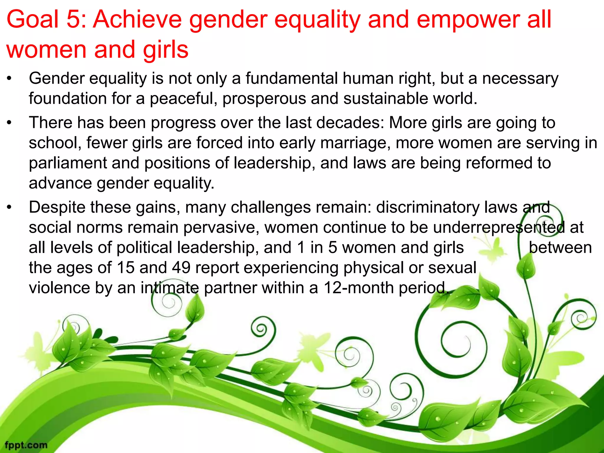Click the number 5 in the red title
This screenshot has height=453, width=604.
[73, 19]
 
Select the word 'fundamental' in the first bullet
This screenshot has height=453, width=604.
[291, 79]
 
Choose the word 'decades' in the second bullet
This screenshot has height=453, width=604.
[350, 123]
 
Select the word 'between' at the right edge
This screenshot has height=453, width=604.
[560, 248]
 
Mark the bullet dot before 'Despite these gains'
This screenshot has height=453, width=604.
[9, 208]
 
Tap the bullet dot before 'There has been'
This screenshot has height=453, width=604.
[9, 123]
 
